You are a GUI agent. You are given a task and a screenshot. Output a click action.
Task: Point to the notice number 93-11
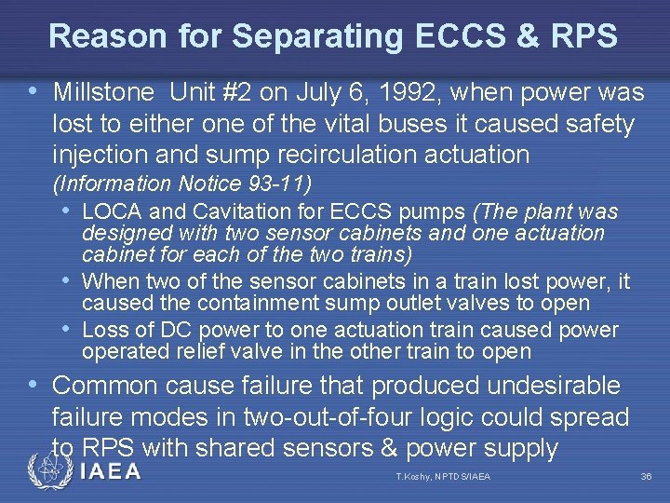[x=280, y=182]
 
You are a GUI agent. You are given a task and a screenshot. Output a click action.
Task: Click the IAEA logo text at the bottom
[x=110, y=471]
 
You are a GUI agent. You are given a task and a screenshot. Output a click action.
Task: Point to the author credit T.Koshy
[x=416, y=477]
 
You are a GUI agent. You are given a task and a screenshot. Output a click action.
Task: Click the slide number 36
[x=646, y=477]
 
